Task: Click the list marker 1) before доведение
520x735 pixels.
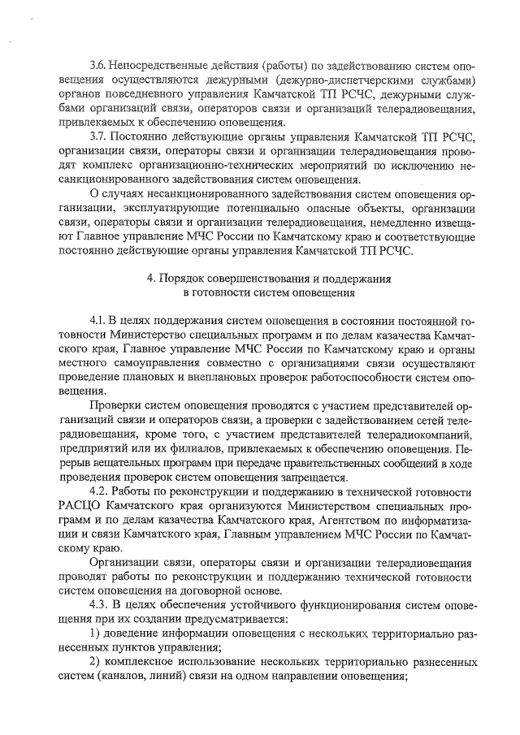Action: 95,633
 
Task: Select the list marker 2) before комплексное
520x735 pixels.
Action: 95,662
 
